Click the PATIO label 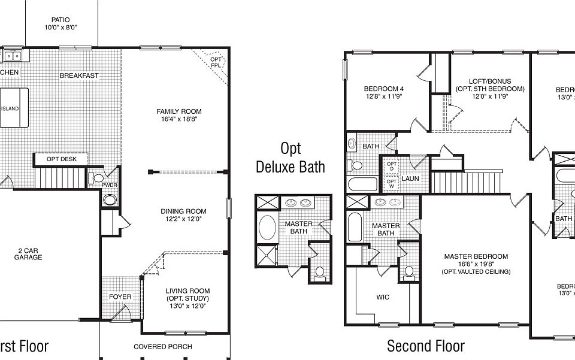[60, 20]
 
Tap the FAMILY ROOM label [179, 111]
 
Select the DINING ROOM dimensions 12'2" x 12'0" [183, 219]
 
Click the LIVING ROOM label [187, 291]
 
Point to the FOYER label [120, 297]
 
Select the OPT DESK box [61, 159]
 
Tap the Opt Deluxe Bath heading [290, 157]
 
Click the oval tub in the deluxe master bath [267, 228]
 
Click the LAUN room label [410, 179]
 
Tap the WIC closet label [383, 297]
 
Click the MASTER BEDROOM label [476, 256]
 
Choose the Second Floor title [425, 346]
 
